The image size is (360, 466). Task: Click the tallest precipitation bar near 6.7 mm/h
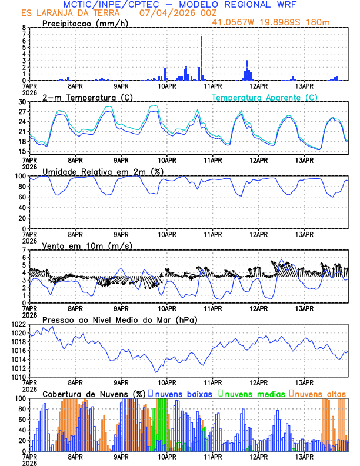pos(201,58)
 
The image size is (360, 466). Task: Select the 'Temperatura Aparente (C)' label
pos(265,97)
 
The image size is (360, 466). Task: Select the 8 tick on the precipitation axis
pos(24,28)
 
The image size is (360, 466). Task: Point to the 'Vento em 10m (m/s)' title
pos(79,245)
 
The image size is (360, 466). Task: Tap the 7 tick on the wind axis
pos(24,250)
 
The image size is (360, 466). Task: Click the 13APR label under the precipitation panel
pos(304,85)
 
